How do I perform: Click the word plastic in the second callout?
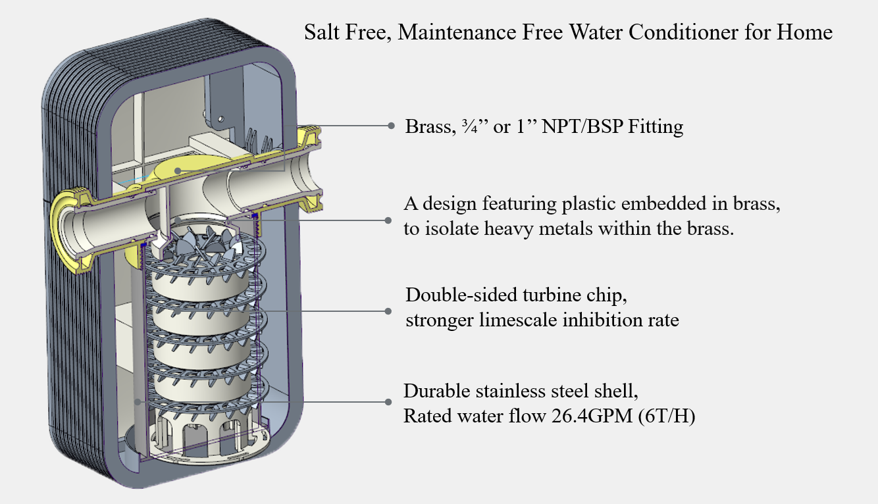coord(592,204)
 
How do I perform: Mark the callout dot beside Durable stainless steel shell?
coord(389,401)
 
